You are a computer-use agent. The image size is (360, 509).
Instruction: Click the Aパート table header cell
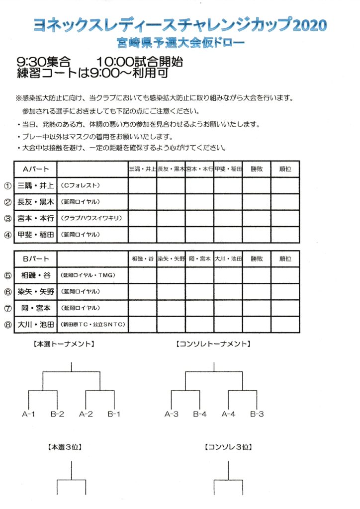click(x=35, y=169)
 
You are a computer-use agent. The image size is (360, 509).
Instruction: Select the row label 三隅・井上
click(x=35, y=185)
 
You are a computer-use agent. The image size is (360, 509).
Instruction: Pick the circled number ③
click(x=7, y=218)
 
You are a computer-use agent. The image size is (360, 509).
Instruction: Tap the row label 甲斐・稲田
click(x=35, y=235)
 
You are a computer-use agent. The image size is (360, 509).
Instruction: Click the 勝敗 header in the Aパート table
click(x=257, y=169)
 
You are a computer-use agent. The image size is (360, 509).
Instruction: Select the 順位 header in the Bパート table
click(x=285, y=258)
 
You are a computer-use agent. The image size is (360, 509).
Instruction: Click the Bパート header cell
click(x=35, y=258)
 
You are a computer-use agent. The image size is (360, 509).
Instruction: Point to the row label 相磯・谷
click(x=35, y=275)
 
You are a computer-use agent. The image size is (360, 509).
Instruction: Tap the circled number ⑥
click(x=7, y=292)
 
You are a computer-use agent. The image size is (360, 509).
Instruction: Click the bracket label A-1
click(x=28, y=414)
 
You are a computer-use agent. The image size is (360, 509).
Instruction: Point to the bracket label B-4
click(x=200, y=414)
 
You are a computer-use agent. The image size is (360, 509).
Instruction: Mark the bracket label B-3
click(x=257, y=414)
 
